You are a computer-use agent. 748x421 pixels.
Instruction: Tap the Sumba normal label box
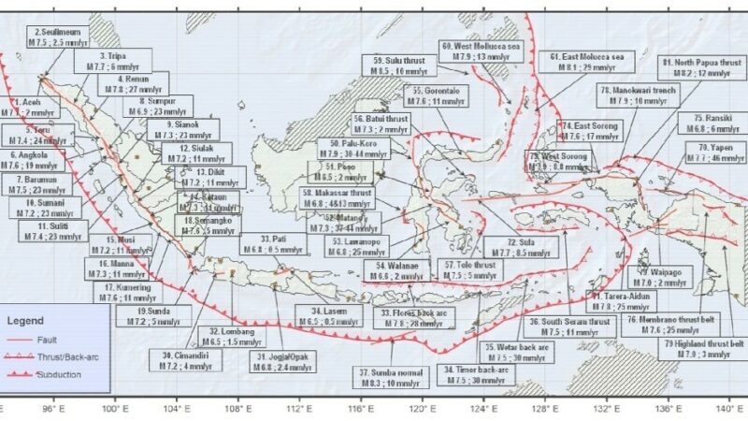pyautogui.click(x=389, y=376)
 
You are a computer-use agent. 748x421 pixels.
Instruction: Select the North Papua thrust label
pyautogui.click(x=700, y=67)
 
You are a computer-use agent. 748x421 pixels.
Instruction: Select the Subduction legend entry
pyautogui.click(x=51, y=373)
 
